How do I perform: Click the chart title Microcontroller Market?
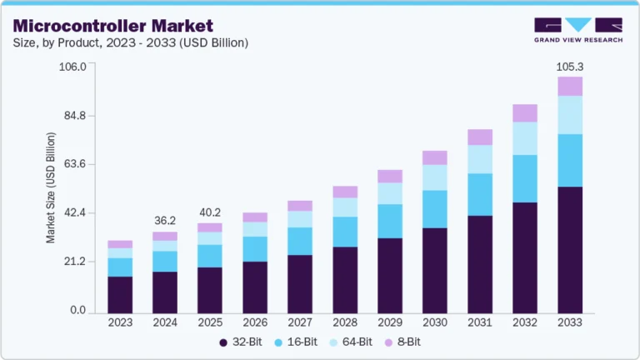click(x=112, y=26)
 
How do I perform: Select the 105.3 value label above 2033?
click(x=570, y=66)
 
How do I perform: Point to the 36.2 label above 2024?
click(x=165, y=221)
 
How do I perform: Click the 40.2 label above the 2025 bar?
click(x=210, y=212)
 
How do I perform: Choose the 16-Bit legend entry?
click(x=297, y=342)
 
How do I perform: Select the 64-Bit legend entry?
click(x=352, y=342)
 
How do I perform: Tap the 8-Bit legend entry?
click(x=403, y=342)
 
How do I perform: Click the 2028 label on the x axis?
click(x=345, y=322)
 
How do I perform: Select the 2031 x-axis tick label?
click(x=480, y=322)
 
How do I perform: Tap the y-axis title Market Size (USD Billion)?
click(x=51, y=188)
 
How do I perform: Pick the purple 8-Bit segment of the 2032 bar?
click(x=525, y=113)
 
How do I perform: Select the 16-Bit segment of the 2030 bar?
click(x=435, y=208)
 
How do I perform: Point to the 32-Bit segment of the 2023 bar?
click(x=120, y=294)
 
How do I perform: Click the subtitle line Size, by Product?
click(x=129, y=42)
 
